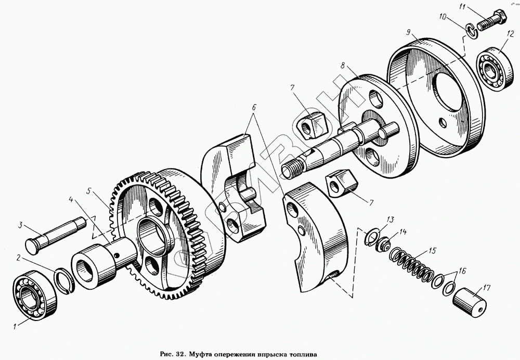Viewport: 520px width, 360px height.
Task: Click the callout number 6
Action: click(x=254, y=108)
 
